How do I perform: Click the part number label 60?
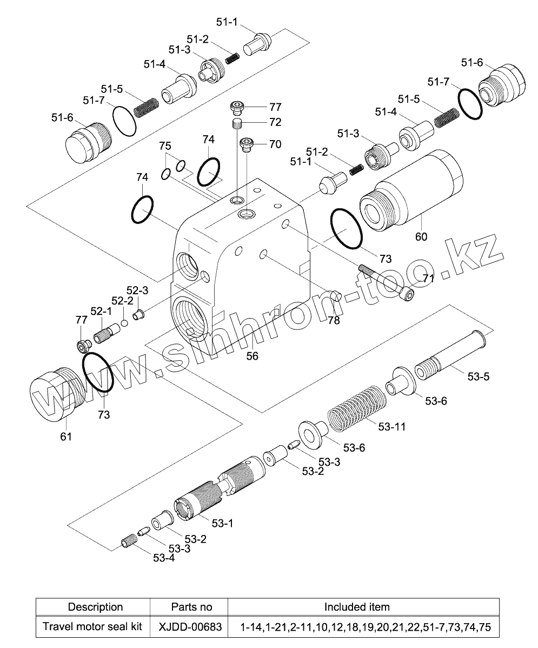click(421, 236)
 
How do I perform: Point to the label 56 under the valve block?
click(253, 355)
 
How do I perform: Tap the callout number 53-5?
click(479, 376)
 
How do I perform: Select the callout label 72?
click(275, 122)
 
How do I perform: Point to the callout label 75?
click(165, 146)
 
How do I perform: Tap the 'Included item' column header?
click(357, 606)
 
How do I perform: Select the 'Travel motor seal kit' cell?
click(92, 627)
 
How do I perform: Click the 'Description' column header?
click(95, 606)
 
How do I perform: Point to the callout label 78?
click(334, 320)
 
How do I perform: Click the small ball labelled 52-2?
click(124, 323)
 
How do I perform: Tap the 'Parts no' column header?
click(191, 606)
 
